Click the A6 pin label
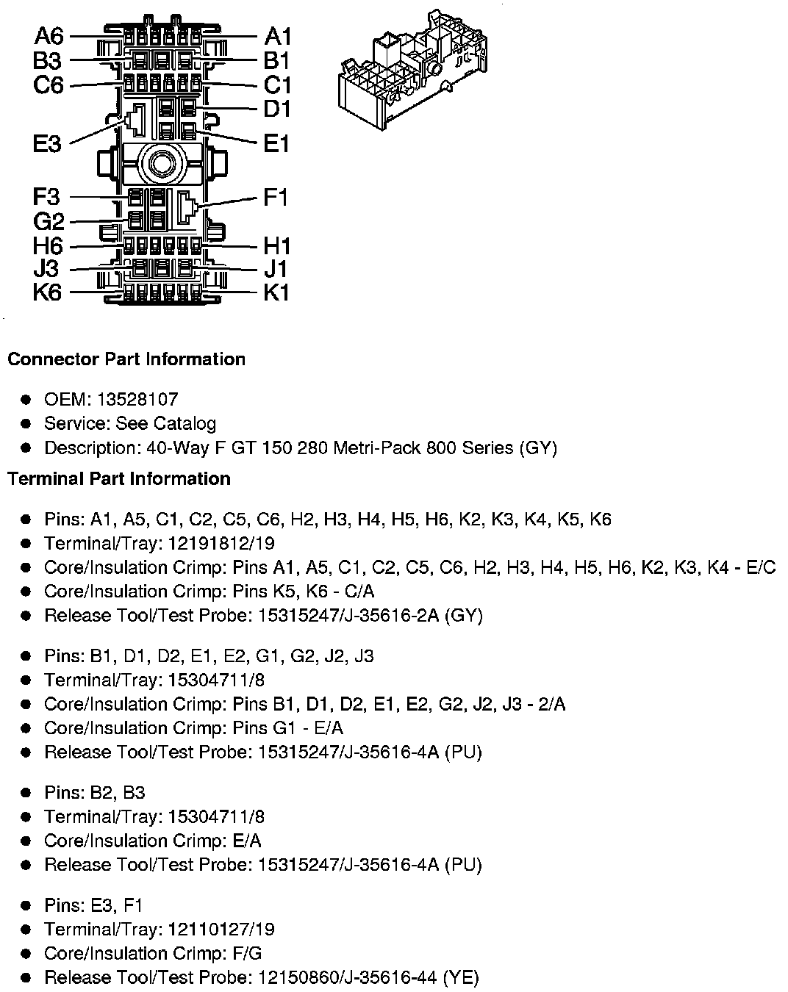pyautogui.click(x=49, y=35)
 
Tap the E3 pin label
pyautogui.click(x=47, y=143)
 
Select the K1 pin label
pyautogui.click(x=276, y=292)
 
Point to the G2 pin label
pyautogui.click(x=49, y=221)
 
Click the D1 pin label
pyautogui.click(x=277, y=109)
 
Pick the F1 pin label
pyautogui.click(x=276, y=197)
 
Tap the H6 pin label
pyautogui.click(x=49, y=245)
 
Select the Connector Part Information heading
pyautogui.click(x=126, y=359)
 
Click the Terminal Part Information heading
pyautogui.click(x=119, y=479)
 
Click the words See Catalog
pyautogui.click(x=166, y=424)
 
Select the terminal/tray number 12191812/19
pyautogui.click(x=221, y=543)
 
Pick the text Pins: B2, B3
pyautogui.click(x=95, y=793)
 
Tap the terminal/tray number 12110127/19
pyautogui.click(x=221, y=930)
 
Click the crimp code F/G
pyautogui.click(x=246, y=954)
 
